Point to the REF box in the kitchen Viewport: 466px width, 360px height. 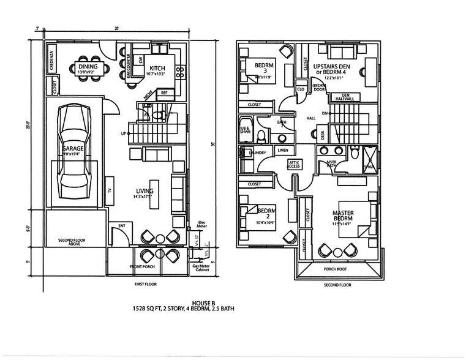163,93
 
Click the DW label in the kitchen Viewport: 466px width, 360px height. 141,60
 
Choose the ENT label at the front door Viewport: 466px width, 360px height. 121,226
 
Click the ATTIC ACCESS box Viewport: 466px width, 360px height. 294,164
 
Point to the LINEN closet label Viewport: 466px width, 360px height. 282,149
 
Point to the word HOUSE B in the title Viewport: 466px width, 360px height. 201,303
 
